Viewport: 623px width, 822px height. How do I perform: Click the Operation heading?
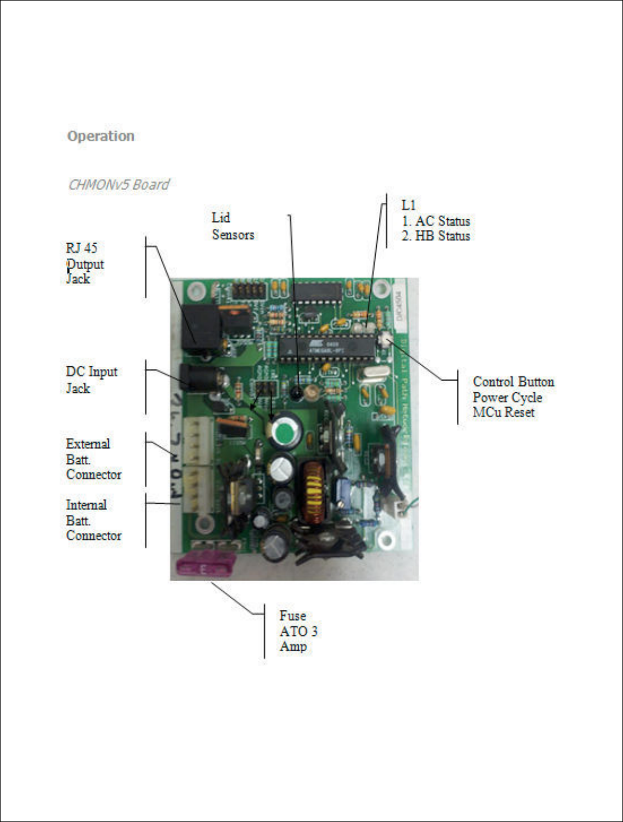pyautogui.click(x=101, y=136)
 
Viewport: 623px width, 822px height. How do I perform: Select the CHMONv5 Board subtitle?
pyautogui.click(x=118, y=185)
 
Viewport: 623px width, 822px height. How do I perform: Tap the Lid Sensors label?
pyautogui.click(x=233, y=226)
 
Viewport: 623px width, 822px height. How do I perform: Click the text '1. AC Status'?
pyautogui.click(x=436, y=221)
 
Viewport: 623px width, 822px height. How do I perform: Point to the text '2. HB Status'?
pyautogui.click(x=436, y=236)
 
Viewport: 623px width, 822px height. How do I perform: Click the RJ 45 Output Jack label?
pyautogui.click(x=85, y=264)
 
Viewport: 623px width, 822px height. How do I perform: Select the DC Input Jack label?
pyautogui.click(x=91, y=380)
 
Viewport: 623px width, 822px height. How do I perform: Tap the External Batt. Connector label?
pyautogui.click(x=93, y=459)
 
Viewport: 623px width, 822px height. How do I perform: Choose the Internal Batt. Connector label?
pyautogui.click(x=93, y=520)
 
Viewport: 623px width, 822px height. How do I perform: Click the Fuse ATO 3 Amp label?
pyautogui.click(x=298, y=631)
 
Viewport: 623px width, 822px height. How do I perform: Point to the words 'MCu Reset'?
pyautogui.click(x=503, y=412)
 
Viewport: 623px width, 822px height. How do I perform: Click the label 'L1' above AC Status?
pyautogui.click(x=408, y=205)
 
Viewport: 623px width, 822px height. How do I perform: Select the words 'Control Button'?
pyautogui.click(x=513, y=382)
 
